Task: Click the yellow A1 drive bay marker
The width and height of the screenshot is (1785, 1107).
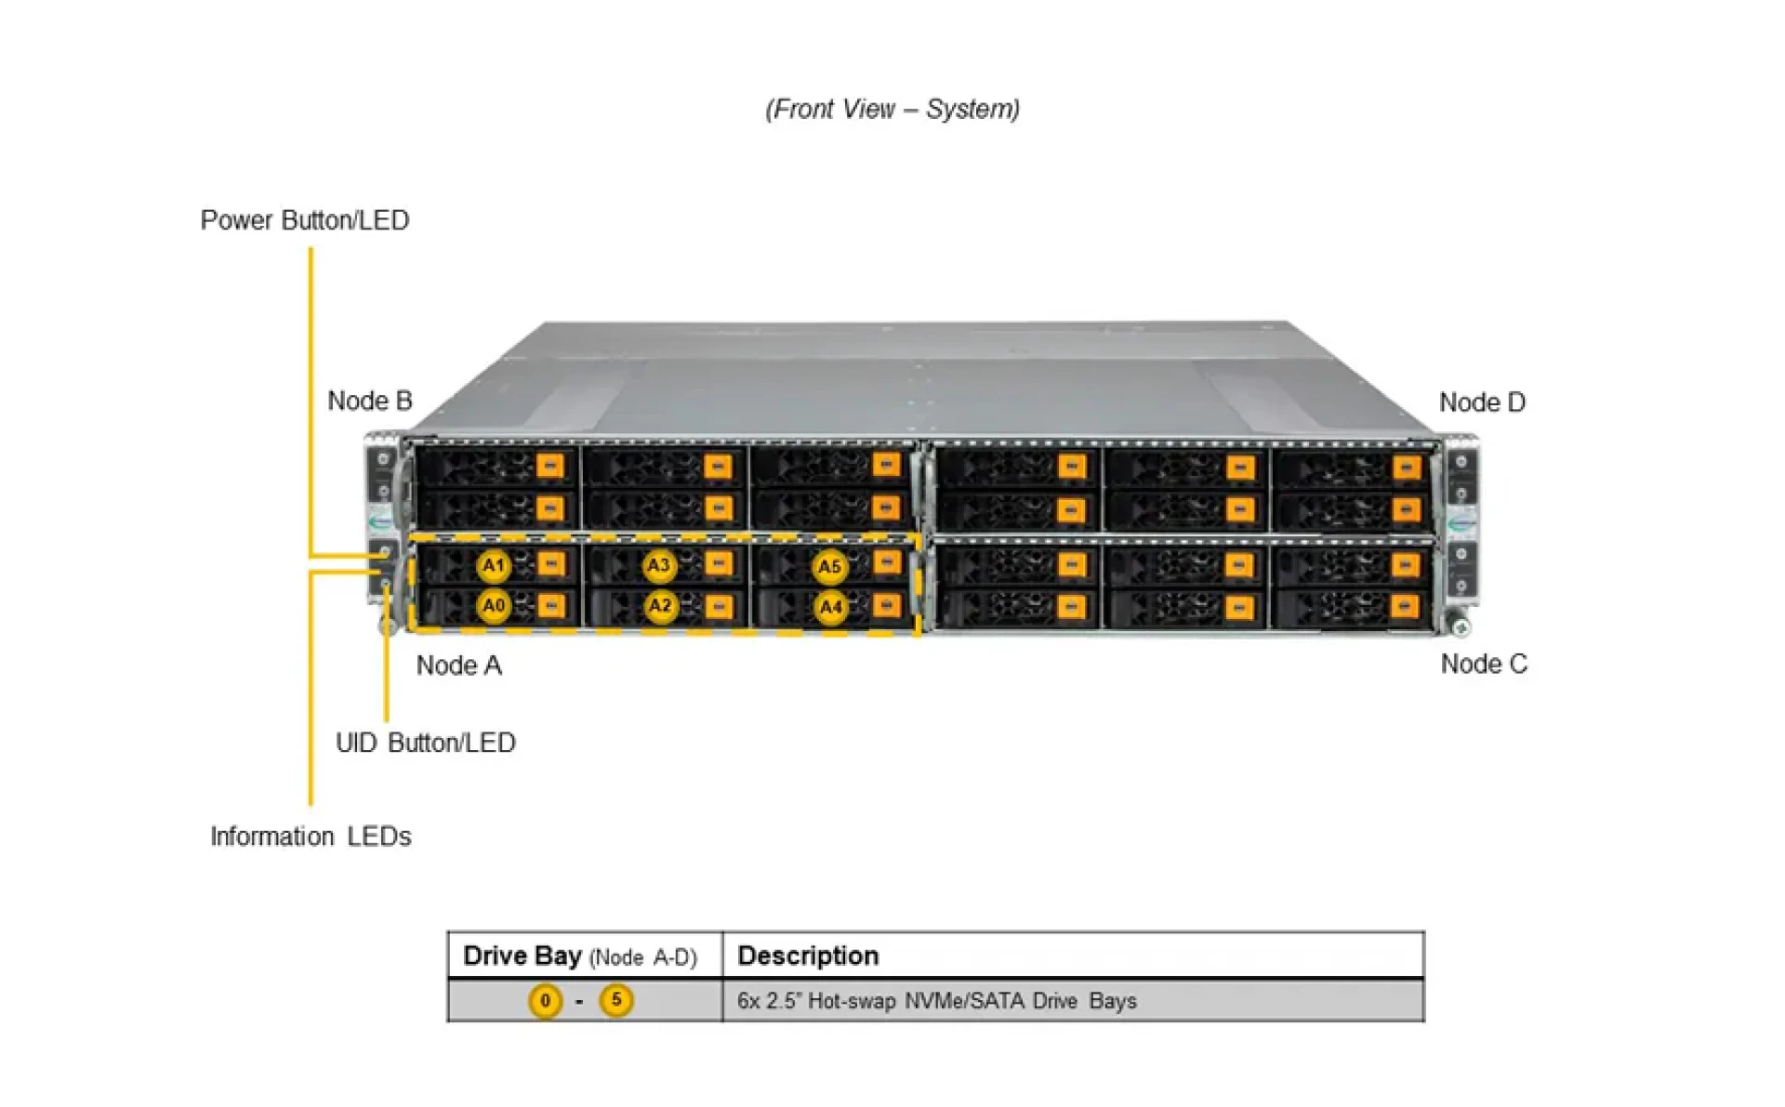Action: [494, 565]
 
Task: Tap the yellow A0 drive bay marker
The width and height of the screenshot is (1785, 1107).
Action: [494, 606]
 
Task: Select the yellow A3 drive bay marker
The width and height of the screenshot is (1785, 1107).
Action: [658, 565]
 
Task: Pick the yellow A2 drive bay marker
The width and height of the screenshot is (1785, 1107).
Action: [659, 606]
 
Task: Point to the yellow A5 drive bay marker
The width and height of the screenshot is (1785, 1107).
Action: [829, 567]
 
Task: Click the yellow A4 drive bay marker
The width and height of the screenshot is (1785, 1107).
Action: [830, 608]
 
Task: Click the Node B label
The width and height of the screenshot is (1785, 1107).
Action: [369, 401]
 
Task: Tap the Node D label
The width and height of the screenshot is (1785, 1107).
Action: [1482, 402]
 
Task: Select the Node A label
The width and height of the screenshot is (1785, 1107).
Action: [458, 666]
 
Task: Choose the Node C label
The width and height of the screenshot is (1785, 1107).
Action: [1484, 664]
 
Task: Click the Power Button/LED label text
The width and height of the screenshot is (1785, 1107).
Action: [305, 220]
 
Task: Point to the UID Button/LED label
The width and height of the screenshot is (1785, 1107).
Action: [425, 743]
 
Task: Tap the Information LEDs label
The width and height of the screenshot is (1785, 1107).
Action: [311, 837]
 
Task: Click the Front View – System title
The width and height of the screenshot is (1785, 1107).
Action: [892, 109]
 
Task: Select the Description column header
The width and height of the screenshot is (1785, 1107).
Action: [808, 955]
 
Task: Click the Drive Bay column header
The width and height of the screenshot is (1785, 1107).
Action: [579, 956]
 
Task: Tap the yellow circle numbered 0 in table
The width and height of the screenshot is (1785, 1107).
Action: [546, 1001]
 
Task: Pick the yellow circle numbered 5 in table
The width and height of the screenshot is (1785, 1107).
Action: [616, 1000]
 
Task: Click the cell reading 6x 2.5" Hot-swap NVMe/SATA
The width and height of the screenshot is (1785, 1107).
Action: [936, 1001]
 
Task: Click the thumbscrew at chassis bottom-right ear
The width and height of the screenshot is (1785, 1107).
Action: [1461, 628]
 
